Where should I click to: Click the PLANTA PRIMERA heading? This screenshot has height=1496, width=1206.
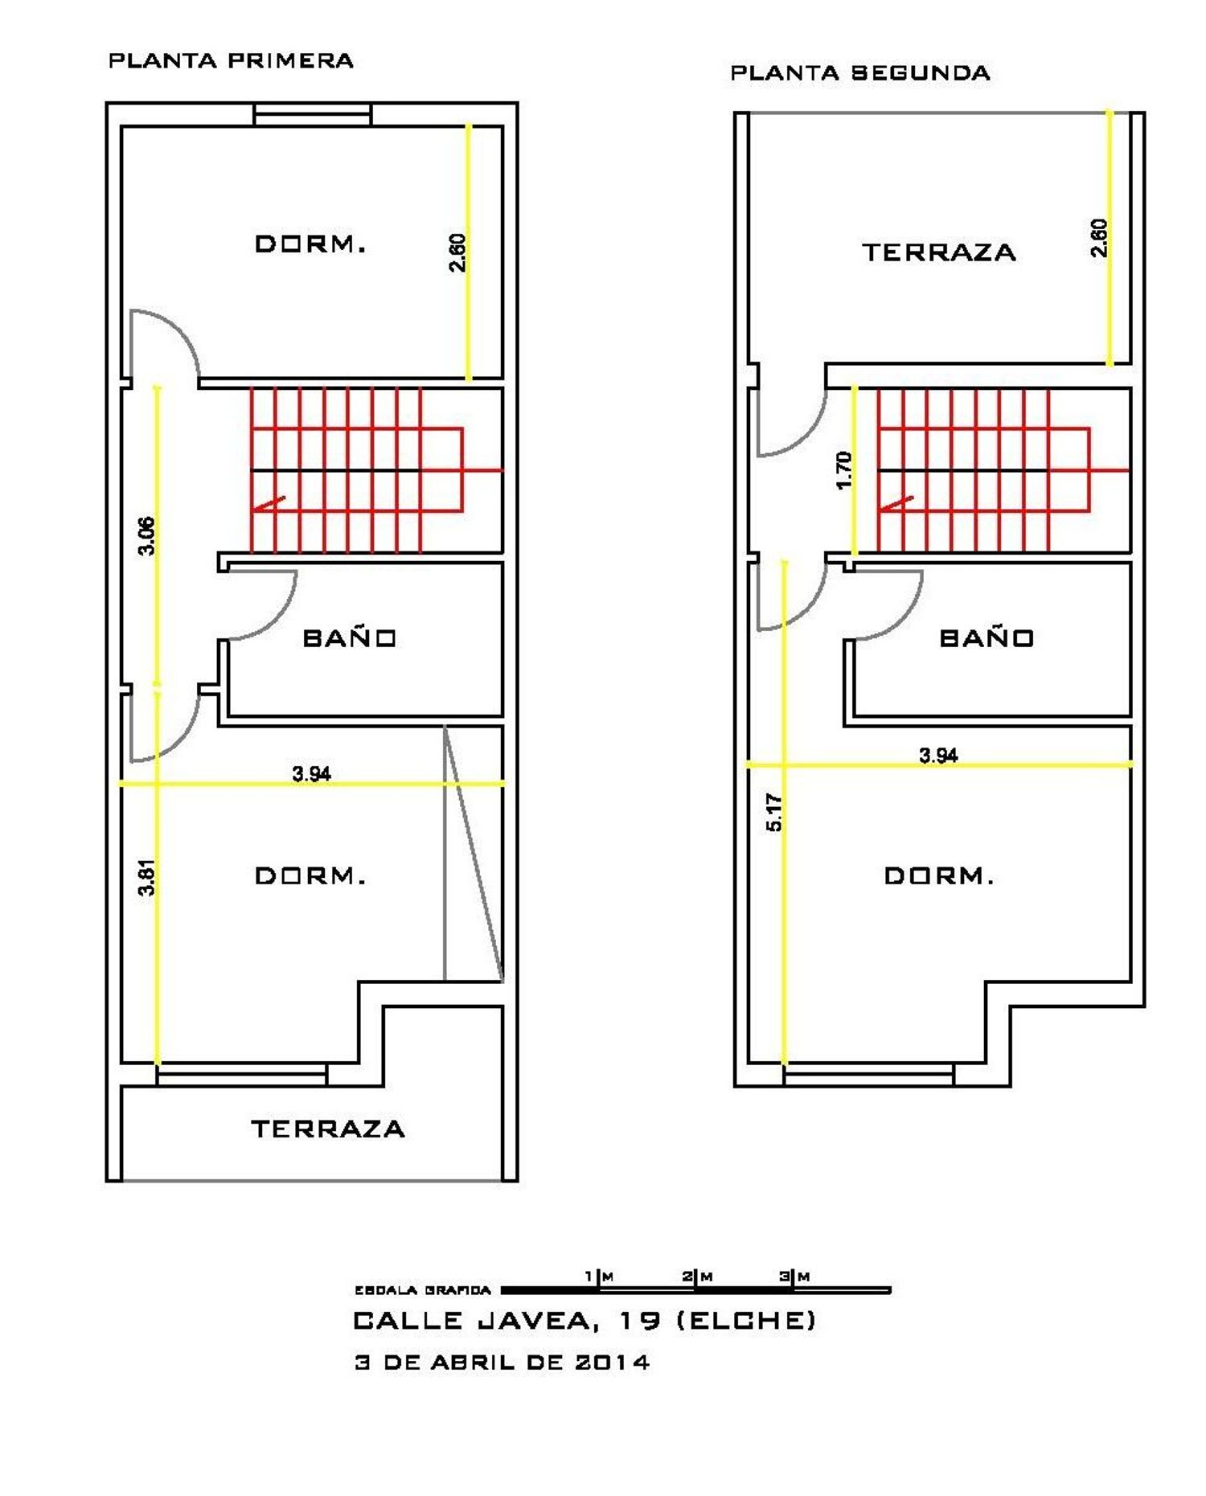tap(231, 61)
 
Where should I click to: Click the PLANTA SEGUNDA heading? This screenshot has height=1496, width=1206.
tap(859, 73)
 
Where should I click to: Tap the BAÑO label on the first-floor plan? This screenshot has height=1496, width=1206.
tap(350, 637)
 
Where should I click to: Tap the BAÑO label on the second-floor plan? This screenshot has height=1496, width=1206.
tap(987, 637)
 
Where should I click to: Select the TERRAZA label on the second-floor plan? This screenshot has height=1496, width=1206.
tap(939, 252)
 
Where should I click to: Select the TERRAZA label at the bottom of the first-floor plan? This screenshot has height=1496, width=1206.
tap(328, 1129)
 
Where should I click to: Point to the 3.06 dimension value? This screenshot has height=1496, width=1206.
tap(146, 535)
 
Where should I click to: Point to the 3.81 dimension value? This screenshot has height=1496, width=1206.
tap(146, 878)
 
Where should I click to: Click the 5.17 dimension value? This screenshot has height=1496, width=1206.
tap(773, 812)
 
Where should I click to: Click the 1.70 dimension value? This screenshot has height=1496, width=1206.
tap(843, 470)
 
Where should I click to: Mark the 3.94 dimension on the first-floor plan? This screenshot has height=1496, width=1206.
tap(311, 773)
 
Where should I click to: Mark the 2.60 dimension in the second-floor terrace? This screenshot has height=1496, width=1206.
tap(1099, 238)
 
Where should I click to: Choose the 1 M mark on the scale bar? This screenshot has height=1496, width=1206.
tap(599, 1276)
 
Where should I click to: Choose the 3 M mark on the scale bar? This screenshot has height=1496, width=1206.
tap(794, 1276)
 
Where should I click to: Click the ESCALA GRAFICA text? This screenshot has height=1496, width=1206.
tap(423, 1290)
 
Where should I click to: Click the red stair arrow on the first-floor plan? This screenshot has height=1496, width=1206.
tap(268, 505)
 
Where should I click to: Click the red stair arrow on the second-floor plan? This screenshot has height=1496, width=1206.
tap(896, 505)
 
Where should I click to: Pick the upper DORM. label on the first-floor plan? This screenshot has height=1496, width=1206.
tap(310, 244)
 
